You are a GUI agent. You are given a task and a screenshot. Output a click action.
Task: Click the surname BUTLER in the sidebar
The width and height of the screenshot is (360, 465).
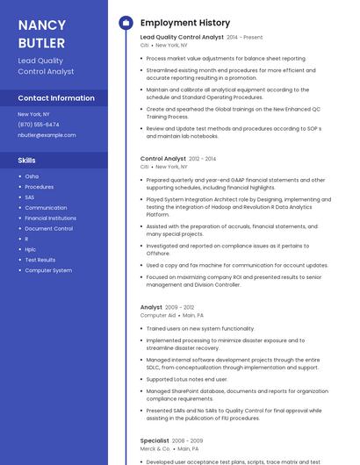(40, 42)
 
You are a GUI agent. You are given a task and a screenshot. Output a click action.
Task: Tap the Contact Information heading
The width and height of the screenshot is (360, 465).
(56, 98)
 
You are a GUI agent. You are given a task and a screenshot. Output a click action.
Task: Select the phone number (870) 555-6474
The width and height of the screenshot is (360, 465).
(39, 125)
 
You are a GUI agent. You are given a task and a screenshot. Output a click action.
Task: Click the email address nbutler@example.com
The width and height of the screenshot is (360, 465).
(47, 135)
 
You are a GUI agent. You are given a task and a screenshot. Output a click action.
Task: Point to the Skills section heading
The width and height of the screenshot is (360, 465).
(27, 161)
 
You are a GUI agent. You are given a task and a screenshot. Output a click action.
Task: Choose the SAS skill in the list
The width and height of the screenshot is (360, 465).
(30, 197)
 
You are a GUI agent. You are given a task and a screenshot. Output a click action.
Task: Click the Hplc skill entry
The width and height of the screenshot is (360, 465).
(31, 249)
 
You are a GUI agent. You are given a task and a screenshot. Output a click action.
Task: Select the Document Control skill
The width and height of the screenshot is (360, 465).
(48, 228)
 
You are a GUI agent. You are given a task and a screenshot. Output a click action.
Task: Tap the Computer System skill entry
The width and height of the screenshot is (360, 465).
(48, 270)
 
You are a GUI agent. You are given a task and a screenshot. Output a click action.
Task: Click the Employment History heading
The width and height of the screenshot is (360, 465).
(185, 23)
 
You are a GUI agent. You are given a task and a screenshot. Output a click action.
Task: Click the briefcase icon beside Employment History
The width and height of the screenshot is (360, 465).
(125, 23)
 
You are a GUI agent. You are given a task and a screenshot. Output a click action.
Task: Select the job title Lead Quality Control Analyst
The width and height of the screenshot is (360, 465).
(182, 37)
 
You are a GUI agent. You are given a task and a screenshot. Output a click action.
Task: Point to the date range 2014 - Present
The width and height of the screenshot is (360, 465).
(245, 38)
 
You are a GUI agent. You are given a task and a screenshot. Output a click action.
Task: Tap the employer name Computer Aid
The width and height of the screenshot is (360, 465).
(158, 315)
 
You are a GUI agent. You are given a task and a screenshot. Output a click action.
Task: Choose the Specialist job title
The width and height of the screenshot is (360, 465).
(155, 440)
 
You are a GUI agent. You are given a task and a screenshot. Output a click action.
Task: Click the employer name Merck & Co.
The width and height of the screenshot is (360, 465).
(155, 448)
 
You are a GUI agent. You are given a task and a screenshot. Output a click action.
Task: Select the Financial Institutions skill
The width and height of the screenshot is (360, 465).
(50, 218)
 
